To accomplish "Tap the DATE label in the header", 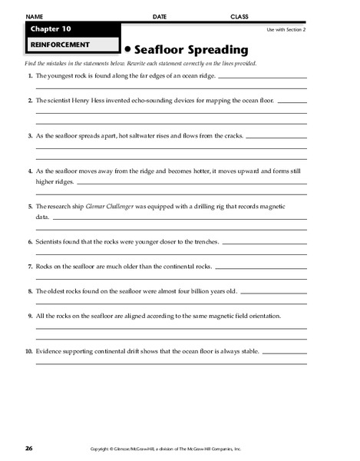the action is point(159,16).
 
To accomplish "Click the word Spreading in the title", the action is point(216,50).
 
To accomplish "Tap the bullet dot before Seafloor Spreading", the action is point(127,50).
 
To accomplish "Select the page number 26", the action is point(28,448).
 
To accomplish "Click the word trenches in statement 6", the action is point(203,241).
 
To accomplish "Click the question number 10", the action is point(28,351).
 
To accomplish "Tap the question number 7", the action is point(29,266).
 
